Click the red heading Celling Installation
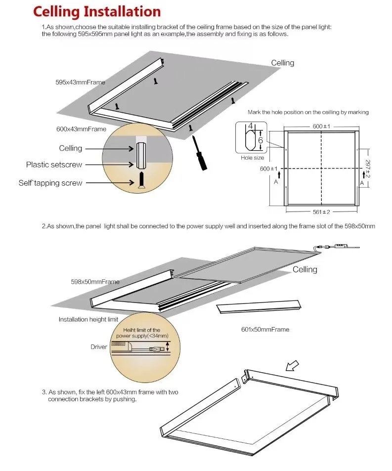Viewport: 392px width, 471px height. coord(97,12)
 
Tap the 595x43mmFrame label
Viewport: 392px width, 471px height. coord(80,82)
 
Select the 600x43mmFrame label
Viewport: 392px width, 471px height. coord(81,129)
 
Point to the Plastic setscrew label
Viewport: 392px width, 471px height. coord(54,165)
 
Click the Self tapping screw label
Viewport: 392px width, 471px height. coord(50,183)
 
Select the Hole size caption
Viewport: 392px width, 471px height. coord(252,158)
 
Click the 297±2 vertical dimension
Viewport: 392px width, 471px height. coord(367,169)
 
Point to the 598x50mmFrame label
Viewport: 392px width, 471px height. coord(95,282)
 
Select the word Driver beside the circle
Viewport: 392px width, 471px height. coord(98,347)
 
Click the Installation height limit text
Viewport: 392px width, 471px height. coord(88,319)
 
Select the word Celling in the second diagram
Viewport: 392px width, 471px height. coord(305,269)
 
